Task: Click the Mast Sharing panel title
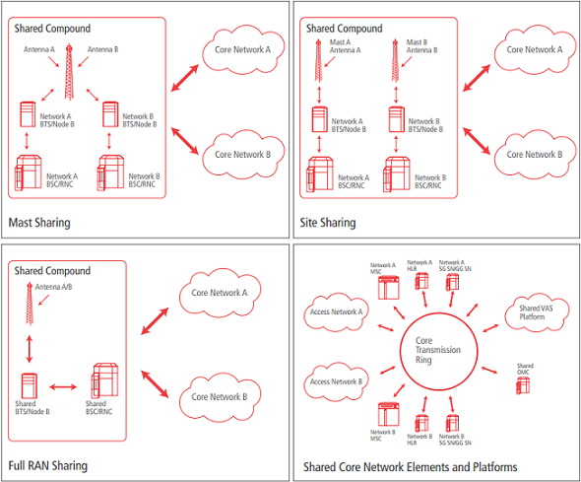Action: pyautogui.click(x=39, y=223)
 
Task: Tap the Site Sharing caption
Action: pyautogui.click(x=328, y=223)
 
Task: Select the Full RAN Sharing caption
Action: pyautogui.click(x=48, y=465)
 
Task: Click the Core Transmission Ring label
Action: pyautogui.click(x=438, y=350)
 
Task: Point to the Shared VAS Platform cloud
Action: pyautogui.click(x=536, y=313)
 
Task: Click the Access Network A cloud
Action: pyautogui.click(x=336, y=311)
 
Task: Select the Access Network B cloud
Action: pyautogui.click(x=336, y=381)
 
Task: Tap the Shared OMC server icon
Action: pyautogui.click(x=523, y=385)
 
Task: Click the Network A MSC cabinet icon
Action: pyautogui.click(x=389, y=288)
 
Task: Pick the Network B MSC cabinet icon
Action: pyautogui.click(x=389, y=414)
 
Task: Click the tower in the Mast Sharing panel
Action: pyautogui.click(x=69, y=72)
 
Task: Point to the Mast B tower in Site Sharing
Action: pyautogui.click(x=395, y=60)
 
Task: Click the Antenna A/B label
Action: pyautogui.click(x=54, y=287)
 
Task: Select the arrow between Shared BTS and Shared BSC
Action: pyautogui.click(x=63, y=387)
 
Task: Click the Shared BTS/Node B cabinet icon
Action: pyautogui.click(x=30, y=386)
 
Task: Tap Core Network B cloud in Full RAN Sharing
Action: pyautogui.click(x=220, y=397)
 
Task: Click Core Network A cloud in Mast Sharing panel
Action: pyautogui.click(x=243, y=50)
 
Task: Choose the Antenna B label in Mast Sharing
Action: pyautogui.click(x=102, y=49)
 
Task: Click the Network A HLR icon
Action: pyautogui.click(x=421, y=281)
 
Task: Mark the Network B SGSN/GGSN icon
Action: pyautogui.click(x=452, y=424)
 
